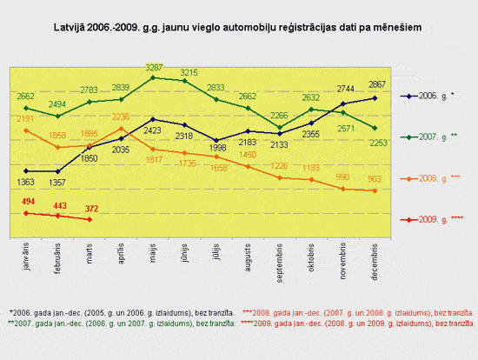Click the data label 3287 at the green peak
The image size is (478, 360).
[x=153, y=67]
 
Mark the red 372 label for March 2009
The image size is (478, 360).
[x=91, y=209]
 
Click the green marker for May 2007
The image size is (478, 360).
[x=153, y=77]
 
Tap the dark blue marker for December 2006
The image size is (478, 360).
[x=375, y=97]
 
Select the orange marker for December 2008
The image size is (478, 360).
[x=375, y=190]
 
